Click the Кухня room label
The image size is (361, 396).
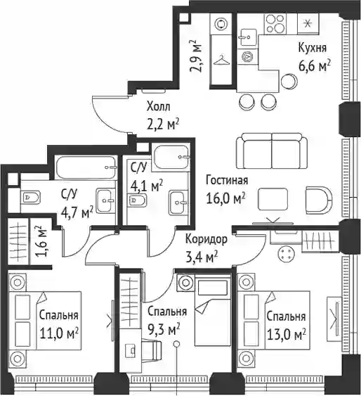coord(313,48)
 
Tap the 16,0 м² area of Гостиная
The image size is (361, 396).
coord(225,198)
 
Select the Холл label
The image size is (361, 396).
coord(158,107)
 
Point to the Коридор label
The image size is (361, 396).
coord(206,240)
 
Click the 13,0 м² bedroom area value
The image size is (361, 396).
coord(287,335)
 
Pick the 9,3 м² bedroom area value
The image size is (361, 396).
coord(164,330)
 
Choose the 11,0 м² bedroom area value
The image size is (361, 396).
coord(59,334)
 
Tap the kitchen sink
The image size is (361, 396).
coord(249,37)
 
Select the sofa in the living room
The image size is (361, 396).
coord(273,151)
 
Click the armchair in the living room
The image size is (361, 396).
coord(319,200)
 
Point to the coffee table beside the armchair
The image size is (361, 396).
coord(273,199)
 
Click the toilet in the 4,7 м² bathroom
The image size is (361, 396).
coord(32,197)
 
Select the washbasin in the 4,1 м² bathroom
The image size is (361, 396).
coord(178,203)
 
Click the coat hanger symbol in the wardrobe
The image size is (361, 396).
coord(221,61)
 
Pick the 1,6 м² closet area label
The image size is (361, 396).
coord(42,241)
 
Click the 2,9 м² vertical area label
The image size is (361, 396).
coord(197,56)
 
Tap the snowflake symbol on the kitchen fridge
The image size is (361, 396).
coord(308,23)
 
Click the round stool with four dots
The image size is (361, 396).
coord(285,253)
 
